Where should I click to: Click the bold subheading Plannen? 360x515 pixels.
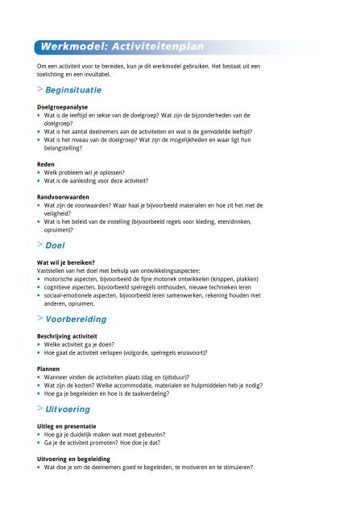(x=40, y=368)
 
